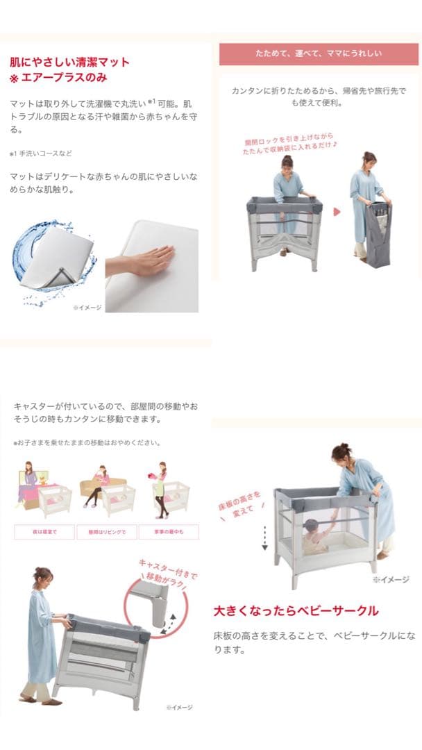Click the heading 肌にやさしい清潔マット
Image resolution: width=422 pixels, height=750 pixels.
[x=69, y=62]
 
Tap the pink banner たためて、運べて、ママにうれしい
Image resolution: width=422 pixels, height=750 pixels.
[x=319, y=53]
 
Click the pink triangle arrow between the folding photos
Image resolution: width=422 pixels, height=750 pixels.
[x=336, y=211]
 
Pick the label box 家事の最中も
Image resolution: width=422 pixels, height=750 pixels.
[x=169, y=532]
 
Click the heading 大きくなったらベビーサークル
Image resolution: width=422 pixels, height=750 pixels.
[x=296, y=611]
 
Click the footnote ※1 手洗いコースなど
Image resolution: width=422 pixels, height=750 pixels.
[x=40, y=153]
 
